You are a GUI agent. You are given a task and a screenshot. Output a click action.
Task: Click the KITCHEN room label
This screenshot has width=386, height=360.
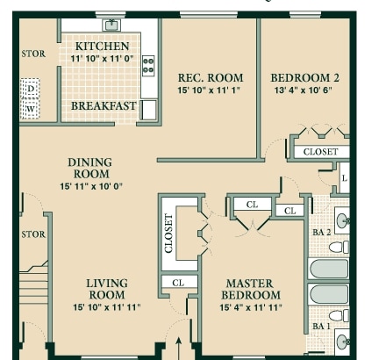coord(102,47)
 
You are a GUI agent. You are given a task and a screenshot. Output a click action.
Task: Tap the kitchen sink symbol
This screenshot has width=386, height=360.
coord(111,25)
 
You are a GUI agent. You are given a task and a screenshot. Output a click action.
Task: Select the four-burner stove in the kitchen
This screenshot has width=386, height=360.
coord(148,66)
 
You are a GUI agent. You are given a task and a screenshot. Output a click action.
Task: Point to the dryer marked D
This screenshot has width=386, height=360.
coord(31,89)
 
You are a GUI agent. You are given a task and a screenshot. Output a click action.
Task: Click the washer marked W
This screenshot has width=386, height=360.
coord(31,109)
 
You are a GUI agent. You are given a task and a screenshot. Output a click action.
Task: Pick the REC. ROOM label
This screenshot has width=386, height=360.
coord(211,78)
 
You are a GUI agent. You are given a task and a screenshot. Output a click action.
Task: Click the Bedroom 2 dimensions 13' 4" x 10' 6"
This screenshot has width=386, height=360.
coord(304,90)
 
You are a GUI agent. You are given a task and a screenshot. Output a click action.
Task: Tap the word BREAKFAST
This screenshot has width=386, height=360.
coord(104,106)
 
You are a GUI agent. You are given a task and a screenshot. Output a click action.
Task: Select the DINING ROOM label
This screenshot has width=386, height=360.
coord(90,168)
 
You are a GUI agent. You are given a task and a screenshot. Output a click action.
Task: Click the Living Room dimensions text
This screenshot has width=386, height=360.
coord(107,307)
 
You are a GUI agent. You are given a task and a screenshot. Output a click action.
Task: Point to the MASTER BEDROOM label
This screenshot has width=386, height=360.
coord(251,289)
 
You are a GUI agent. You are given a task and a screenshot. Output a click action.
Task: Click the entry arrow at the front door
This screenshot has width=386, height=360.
coord(179,349)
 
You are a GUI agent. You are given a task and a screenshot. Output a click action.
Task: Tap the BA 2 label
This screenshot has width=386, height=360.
coord(321,233)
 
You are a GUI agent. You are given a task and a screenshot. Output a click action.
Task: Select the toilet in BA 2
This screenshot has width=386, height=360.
coord(339,248)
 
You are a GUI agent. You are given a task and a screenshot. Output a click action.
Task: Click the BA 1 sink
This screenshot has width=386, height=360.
coord(342,342)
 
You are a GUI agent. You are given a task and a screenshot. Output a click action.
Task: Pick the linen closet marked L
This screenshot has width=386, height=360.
coord(344,178)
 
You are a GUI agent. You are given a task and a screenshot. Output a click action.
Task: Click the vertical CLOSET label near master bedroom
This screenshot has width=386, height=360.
coord(168,234)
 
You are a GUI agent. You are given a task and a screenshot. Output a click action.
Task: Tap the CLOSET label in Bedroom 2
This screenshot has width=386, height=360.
coord(321,152)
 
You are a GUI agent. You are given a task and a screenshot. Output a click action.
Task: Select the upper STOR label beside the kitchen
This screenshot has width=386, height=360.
coord(33,54)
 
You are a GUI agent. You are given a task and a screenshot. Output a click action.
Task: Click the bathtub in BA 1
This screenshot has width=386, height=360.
coord(329,294)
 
